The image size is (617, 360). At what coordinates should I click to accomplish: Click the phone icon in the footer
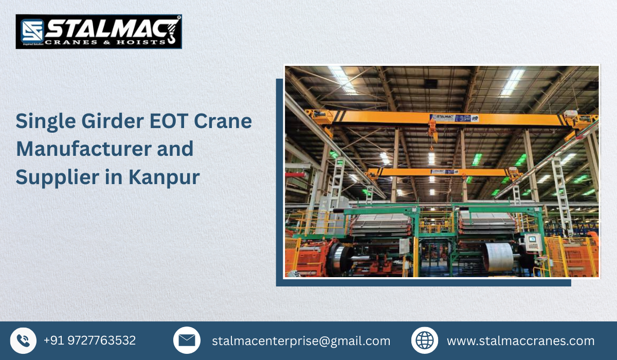pos(23,340)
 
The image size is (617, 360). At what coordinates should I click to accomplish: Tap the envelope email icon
pos(187,340)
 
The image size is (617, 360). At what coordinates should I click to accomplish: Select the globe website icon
pos(425,340)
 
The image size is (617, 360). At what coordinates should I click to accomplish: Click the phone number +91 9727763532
pos(89,340)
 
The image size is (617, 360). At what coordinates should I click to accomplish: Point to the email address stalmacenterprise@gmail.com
pos(301,341)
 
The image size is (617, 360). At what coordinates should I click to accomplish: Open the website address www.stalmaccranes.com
pos(520,341)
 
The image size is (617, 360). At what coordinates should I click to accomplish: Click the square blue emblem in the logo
pos(31,31)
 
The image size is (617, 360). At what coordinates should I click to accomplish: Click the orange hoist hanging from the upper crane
pos(433,126)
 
